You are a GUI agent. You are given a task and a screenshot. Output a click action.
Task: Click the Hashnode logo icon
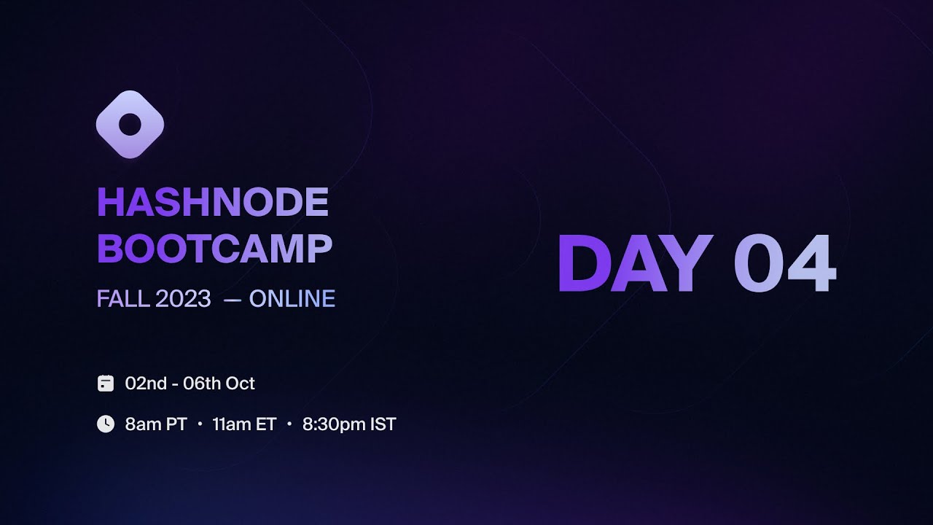point(130,125)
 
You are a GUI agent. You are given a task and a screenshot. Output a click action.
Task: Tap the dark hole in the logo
point(130,125)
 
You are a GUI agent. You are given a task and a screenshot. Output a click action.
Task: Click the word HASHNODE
point(213,203)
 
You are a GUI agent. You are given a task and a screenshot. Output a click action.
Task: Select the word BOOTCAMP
point(214,249)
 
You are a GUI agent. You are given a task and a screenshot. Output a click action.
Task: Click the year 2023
point(182,299)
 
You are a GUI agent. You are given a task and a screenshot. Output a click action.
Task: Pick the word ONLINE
point(292,299)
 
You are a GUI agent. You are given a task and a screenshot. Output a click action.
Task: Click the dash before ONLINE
point(233,299)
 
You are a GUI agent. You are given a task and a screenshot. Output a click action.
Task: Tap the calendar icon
point(106,384)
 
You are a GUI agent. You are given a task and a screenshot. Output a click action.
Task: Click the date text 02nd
point(146,384)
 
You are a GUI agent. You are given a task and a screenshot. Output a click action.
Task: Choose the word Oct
point(240,384)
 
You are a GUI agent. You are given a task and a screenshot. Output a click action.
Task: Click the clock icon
point(106,424)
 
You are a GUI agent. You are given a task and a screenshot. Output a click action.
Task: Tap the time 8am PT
point(156,424)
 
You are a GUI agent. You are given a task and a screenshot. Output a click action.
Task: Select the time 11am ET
point(244,424)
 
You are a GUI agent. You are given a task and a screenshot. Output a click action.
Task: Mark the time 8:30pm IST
point(349,424)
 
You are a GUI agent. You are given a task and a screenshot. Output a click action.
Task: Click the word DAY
point(634,264)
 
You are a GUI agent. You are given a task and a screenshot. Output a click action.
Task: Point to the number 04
point(784,264)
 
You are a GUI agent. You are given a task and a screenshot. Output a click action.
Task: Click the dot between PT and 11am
point(200,424)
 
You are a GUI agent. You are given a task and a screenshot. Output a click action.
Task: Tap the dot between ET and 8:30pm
point(289,424)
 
